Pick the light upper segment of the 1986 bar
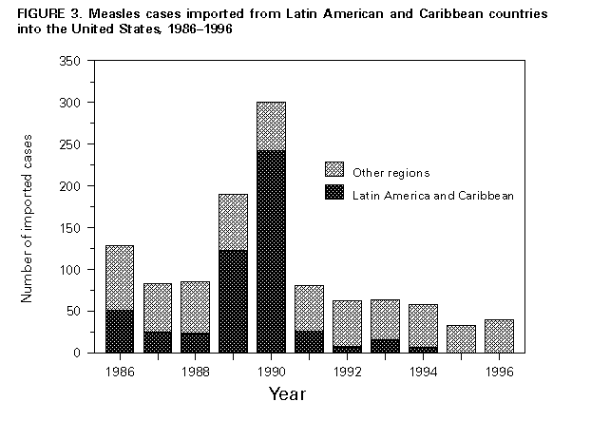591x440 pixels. point(120,277)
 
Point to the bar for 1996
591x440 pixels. point(498,336)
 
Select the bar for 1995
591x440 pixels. point(461,339)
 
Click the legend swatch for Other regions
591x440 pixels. point(333,169)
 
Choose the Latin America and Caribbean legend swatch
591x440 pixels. point(333,193)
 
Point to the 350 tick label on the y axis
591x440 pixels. point(71,61)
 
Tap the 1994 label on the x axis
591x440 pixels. point(423,370)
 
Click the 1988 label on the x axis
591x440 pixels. point(195,370)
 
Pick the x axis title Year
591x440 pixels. point(286,392)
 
